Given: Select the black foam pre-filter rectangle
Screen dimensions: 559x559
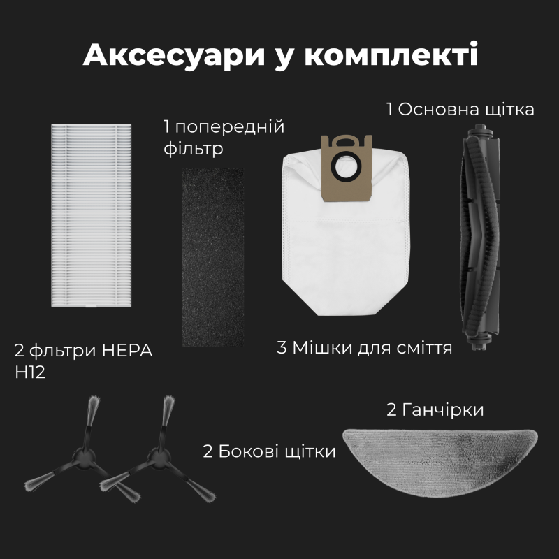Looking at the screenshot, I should pyautogui.click(x=213, y=256).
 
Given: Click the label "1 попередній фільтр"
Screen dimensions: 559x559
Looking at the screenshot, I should pyautogui.click(x=224, y=138).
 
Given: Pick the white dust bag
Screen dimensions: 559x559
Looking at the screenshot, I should pyautogui.click(x=345, y=245).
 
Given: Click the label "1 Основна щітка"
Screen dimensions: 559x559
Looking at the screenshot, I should pyautogui.click(x=460, y=110).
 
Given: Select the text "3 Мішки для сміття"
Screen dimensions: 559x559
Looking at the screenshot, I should pyautogui.click(x=364, y=347).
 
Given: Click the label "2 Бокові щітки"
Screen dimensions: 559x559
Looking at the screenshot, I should pyautogui.click(x=269, y=451).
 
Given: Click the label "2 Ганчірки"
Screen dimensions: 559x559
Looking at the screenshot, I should pyautogui.click(x=435, y=409).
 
